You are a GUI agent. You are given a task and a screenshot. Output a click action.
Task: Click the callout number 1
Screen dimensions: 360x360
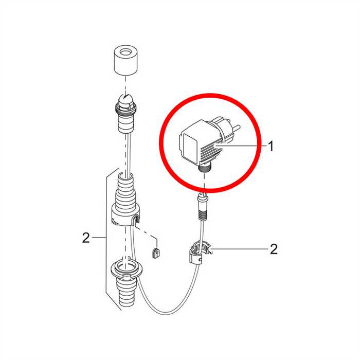[271, 146]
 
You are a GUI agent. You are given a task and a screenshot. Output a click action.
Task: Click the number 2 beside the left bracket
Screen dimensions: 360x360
[86, 238]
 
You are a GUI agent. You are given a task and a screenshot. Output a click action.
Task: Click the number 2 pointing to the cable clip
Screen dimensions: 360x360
[274, 249]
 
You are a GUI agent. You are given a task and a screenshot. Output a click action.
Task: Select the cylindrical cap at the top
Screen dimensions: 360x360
[125, 60]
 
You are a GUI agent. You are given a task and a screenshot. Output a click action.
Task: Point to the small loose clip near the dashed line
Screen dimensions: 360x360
[156, 253]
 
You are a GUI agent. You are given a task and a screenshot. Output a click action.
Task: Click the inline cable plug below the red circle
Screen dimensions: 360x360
[203, 207]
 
